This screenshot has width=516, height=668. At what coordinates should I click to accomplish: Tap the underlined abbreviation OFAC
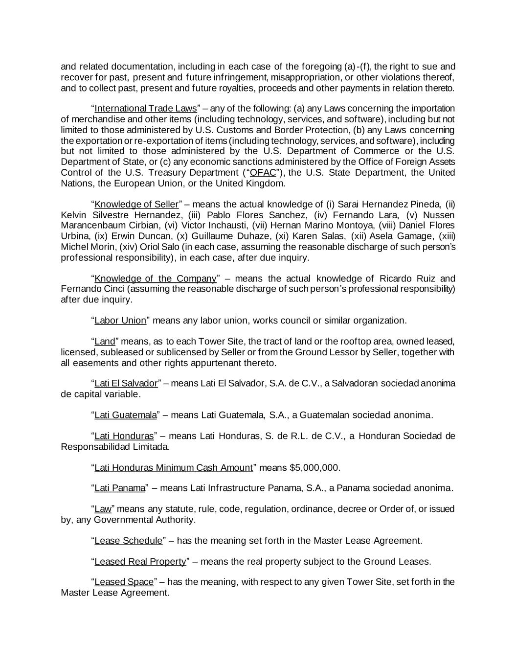[x=263, y=172]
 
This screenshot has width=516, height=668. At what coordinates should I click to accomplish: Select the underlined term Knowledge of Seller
[x=136, y=204]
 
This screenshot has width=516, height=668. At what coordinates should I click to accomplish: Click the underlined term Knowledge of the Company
[x=155, y=278]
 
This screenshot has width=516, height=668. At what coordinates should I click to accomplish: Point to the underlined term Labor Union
[x=120, y=321]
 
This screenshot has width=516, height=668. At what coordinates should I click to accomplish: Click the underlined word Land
[x=105, y=341]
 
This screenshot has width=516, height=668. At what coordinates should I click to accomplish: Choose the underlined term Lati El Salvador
[x=126, y=383]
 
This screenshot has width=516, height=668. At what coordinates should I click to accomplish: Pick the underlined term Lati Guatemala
[x=125, y=415]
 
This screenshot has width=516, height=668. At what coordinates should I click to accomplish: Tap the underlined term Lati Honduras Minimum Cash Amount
[x=173, y=467]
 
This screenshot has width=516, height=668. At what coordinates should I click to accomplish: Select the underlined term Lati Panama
[x=120, y=488]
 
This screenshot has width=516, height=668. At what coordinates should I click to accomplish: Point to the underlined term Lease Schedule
[x=128, y=541]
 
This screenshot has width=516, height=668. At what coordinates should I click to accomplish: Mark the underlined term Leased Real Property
[x=140, y=561]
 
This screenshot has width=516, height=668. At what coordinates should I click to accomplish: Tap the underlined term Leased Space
[x=124, y=582]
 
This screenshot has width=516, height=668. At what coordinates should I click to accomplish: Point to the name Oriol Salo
[x=153, y=247]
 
